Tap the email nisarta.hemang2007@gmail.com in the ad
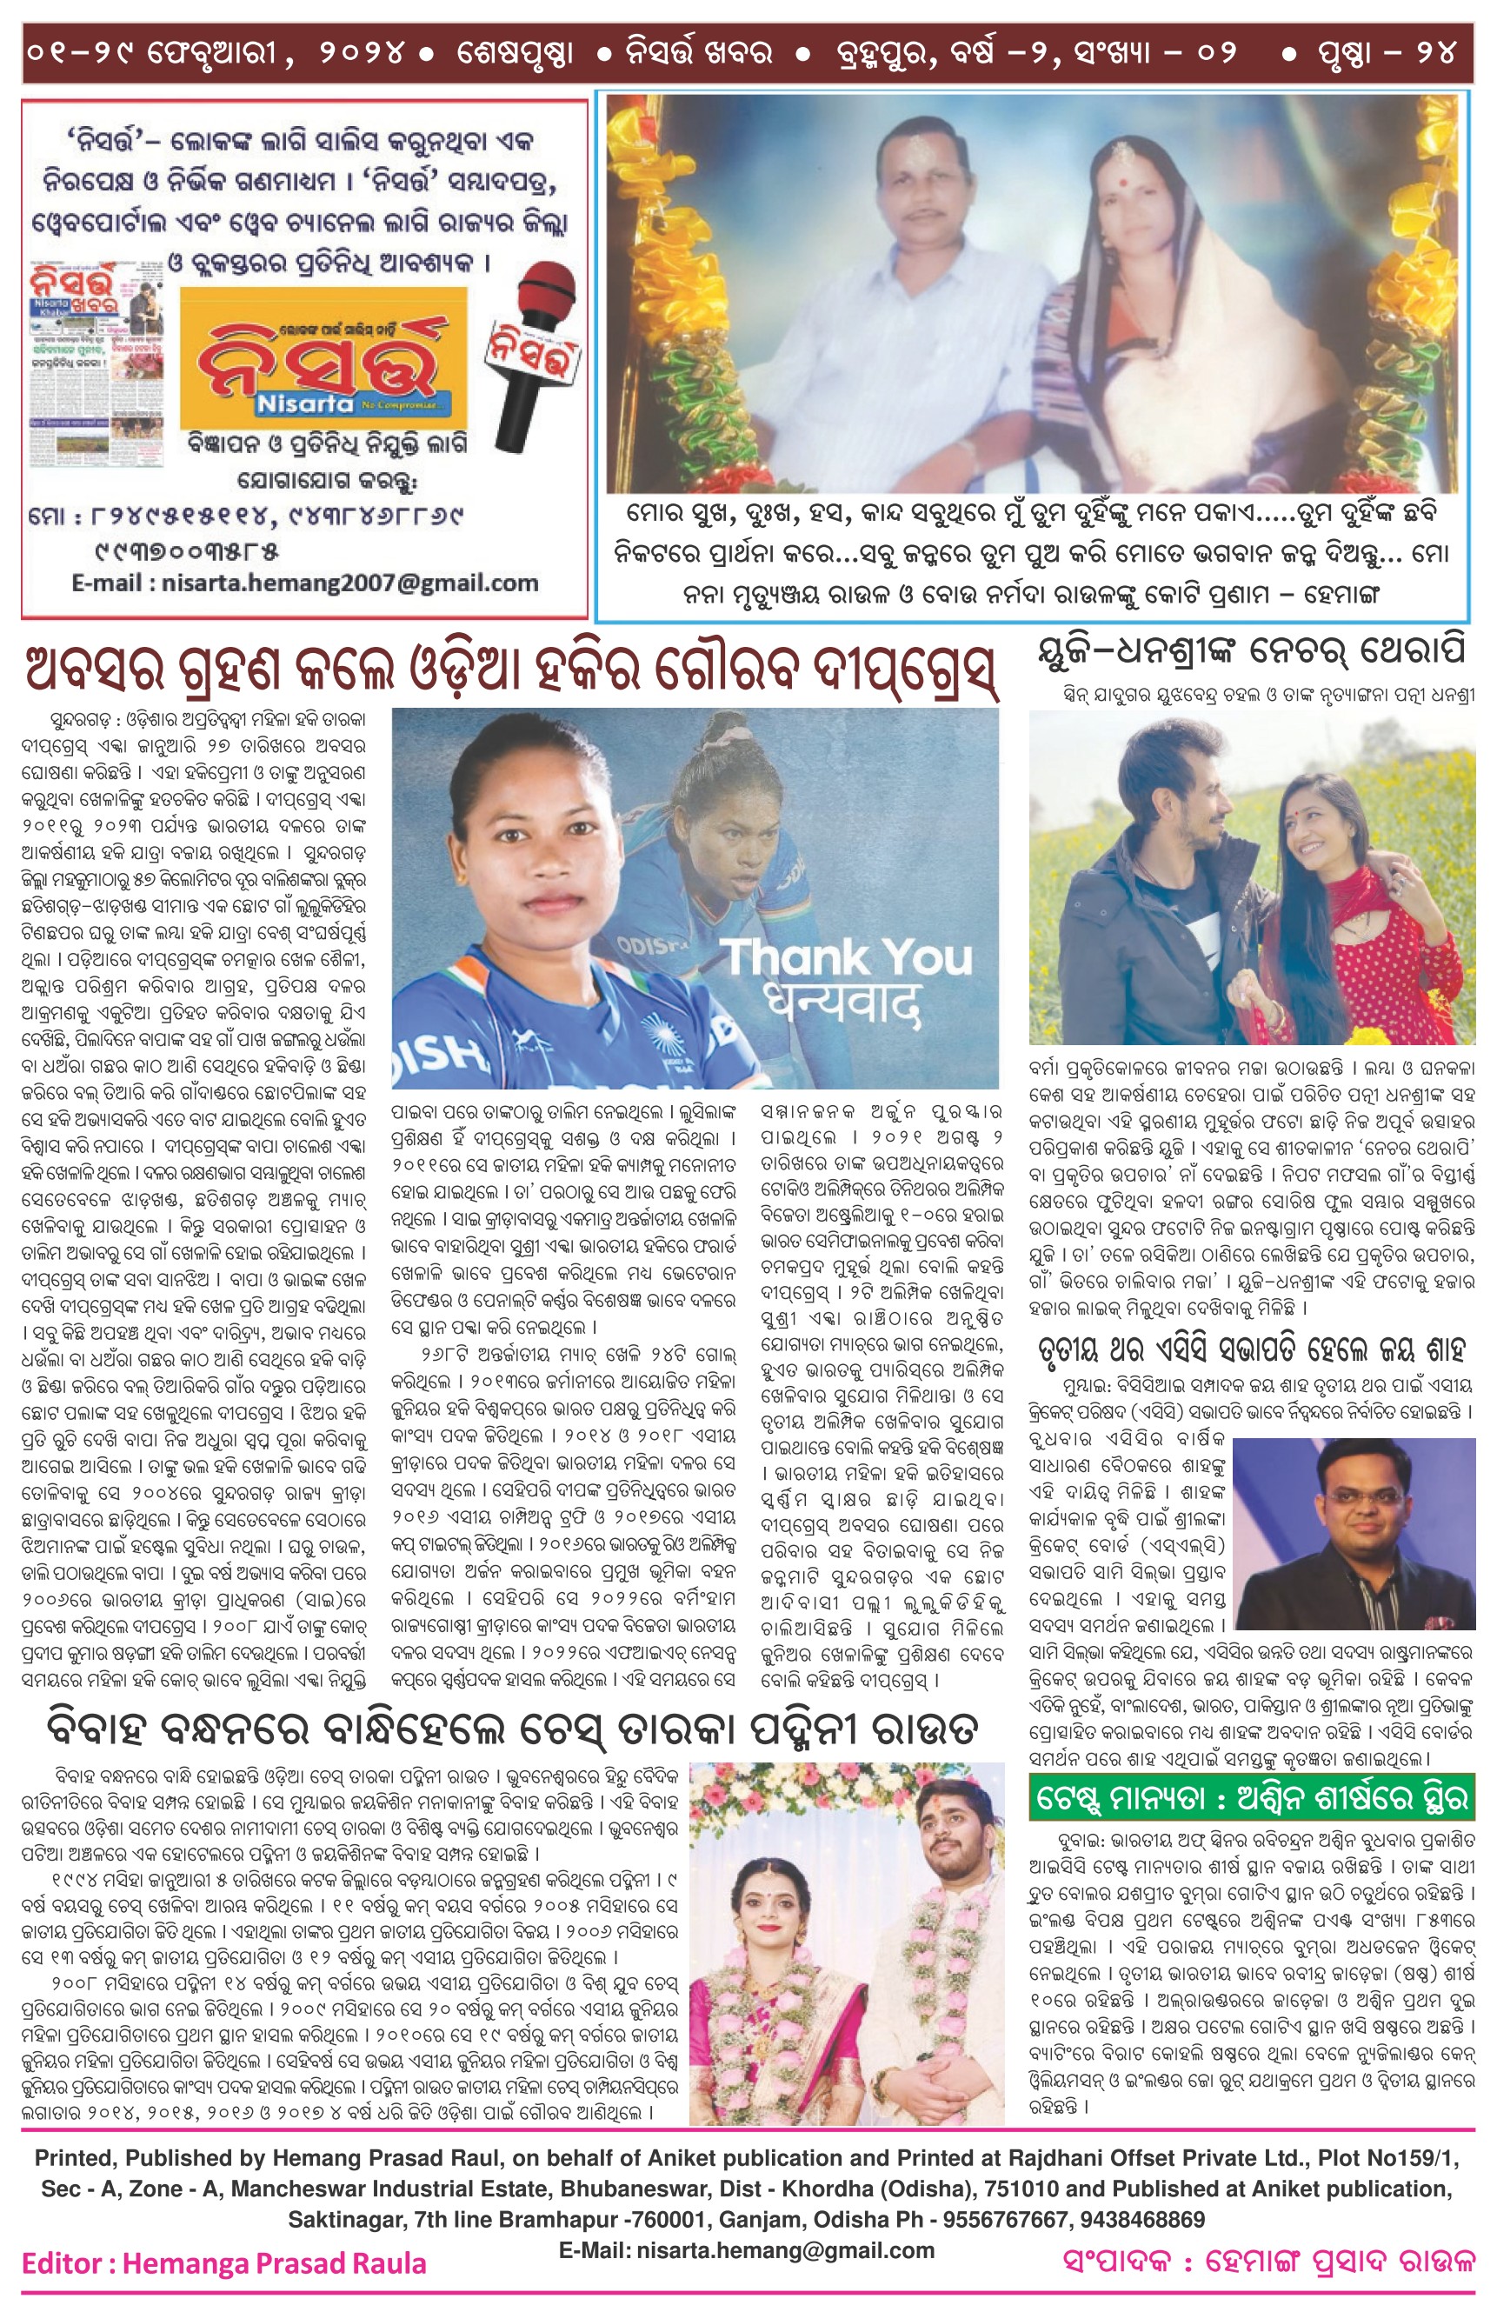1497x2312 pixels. coord(305,583)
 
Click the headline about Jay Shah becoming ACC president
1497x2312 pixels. coord(1251,1349)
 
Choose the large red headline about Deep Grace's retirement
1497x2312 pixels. coord(512,670)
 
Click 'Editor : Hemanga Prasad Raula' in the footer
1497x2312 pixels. coord(223,2263)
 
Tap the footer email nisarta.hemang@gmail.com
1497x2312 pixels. coord(746,2251)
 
